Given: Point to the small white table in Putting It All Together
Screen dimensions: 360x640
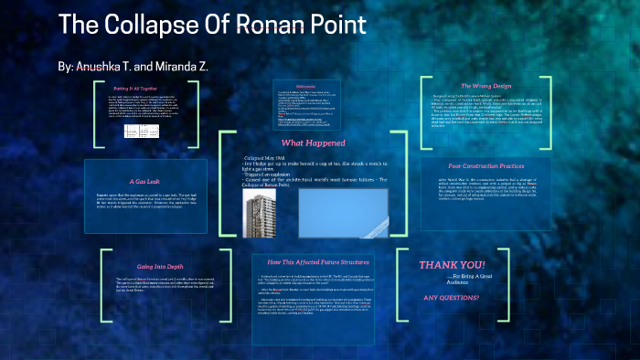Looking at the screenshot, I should click(144, 131).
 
